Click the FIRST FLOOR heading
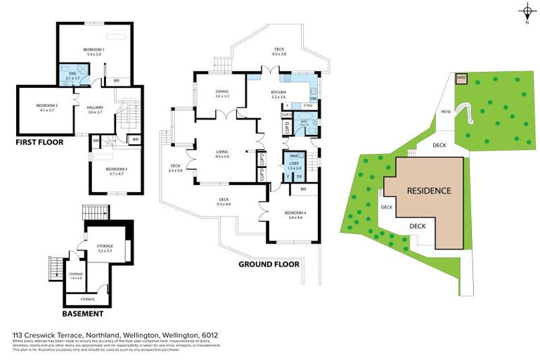point(40,142)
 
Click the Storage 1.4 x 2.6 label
point(75,275)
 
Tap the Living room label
point(222,155)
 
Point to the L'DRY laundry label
point(294,166)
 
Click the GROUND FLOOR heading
point(269,264)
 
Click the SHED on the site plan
point(461,78)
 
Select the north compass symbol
point(527,11)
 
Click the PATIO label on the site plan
point(445,111)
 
